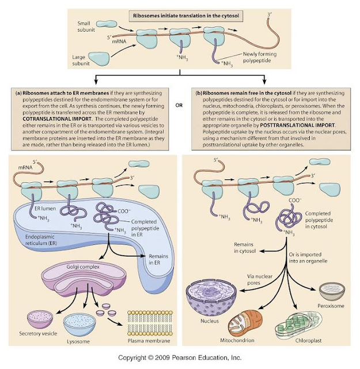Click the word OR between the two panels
tap(180, 105)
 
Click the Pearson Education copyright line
tap(180, 358)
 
